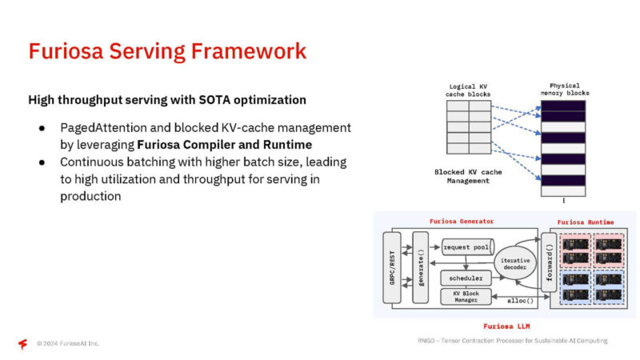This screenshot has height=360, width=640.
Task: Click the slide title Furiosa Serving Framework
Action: pyautogui.click(x=167, y=51)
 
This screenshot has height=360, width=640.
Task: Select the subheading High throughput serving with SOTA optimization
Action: pyautogui.click(x=167, y=100)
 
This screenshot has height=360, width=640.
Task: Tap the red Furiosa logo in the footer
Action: pyautogui.click(x=22, y=344)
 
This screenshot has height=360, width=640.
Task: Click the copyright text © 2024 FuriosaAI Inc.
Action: pyautogui.click(x=68, y=344)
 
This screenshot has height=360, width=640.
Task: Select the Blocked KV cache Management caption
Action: pyautogui.click(x=468, y=177)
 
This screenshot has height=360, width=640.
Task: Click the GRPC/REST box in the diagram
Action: pyautogui.click(x=392, y=267)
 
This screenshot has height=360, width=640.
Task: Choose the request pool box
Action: pyautogui.click(x=466, y=247)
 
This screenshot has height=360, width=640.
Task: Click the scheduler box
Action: pyautogui.click(x=466, y=278)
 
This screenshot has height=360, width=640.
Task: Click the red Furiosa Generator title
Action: pyautogui.click(x=462, y=221)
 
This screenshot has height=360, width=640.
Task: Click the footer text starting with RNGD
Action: pyautogui.click(x=512, y=341)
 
